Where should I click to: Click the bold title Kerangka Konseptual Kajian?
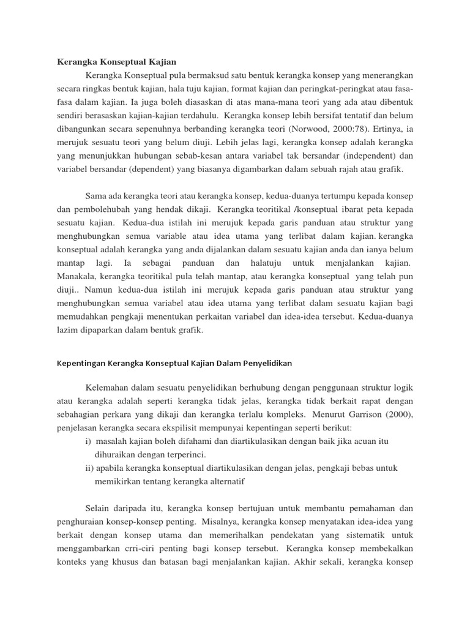(116, 62)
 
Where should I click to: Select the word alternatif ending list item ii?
(225, 482)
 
